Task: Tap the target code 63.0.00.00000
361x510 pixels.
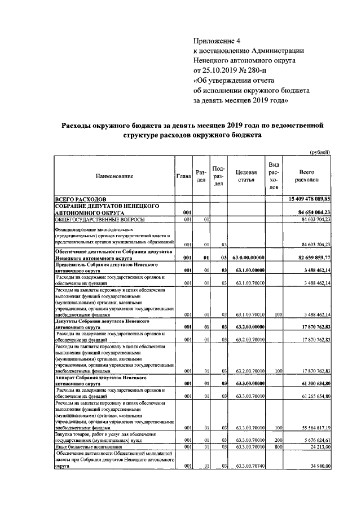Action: [249, 256]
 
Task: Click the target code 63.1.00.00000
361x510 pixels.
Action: [249, 270]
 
